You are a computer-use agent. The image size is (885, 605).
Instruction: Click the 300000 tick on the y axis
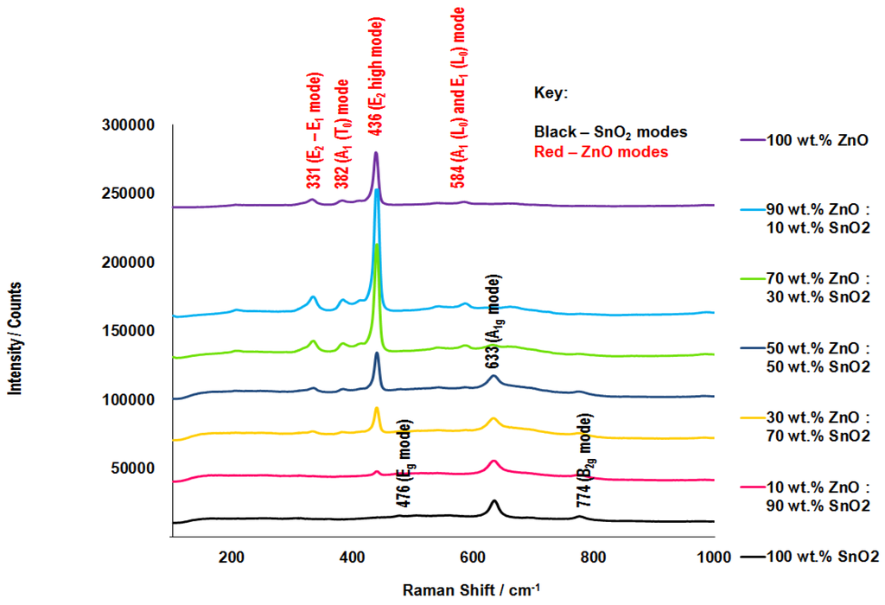(127, 125)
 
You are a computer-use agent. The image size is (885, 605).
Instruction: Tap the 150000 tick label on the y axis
(127, 331)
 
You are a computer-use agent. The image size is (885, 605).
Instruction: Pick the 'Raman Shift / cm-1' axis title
(470, 590)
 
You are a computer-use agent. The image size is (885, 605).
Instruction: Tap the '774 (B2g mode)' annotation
(584, 460)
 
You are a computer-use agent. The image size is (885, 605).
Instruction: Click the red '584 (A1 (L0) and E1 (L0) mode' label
(457, 96)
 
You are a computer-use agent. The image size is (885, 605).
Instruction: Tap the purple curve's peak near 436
(376, 154)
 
